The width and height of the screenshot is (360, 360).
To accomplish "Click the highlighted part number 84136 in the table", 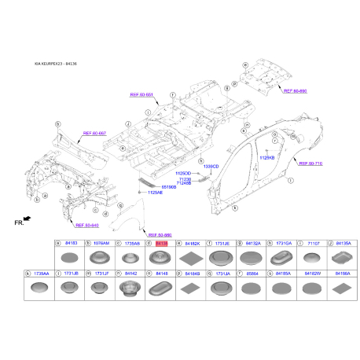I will [x=162, y=244].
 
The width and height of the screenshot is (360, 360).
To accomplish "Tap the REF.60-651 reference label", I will [x=143, y=94].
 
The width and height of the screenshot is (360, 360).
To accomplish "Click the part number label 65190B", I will [x=168, y=186].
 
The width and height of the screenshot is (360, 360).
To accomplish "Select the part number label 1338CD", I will [x=211, y=167].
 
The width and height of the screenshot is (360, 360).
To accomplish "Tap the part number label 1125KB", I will [x=268, y=156].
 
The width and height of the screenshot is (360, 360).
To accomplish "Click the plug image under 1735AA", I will [x=39, y=288].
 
